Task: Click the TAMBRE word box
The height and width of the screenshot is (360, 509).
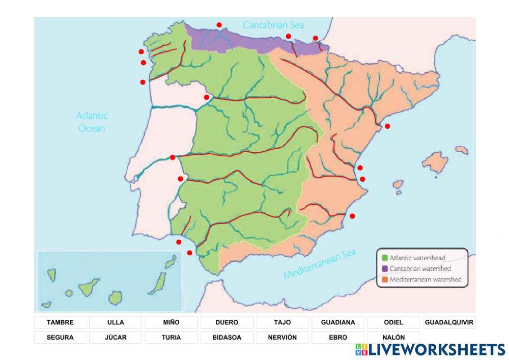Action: pos(60,322)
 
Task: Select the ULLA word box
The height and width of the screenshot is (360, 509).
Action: pos(116,322)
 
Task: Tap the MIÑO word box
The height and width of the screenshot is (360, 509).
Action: pos(171,322)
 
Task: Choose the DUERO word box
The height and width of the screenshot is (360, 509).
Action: pos(227,322)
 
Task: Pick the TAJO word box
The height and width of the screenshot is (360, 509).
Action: pos(282,322)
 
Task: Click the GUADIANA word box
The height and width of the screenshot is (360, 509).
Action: pos(338,322)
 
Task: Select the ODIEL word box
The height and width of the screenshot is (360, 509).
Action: pos(393,322)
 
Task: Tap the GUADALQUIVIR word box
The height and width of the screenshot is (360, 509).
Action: pos(449,322)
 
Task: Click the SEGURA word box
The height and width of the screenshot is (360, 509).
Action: pos(60,337)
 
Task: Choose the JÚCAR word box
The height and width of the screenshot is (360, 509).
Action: pos(116,337)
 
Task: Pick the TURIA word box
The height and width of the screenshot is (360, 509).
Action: pos(171,337)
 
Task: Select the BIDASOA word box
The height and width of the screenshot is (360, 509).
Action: pos(227,337)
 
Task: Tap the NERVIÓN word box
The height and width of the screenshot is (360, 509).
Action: pos(282,337)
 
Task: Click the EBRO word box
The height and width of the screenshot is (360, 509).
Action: pos(338,337)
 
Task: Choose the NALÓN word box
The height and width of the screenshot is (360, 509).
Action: pos(393,337)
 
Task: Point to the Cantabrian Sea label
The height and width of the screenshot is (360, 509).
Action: pos(266,24)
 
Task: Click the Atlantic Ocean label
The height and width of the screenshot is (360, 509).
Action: pos(92,122)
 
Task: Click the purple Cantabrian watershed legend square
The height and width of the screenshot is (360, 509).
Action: pos(384,268)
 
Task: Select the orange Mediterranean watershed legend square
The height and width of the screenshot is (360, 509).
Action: pos(384,279)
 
